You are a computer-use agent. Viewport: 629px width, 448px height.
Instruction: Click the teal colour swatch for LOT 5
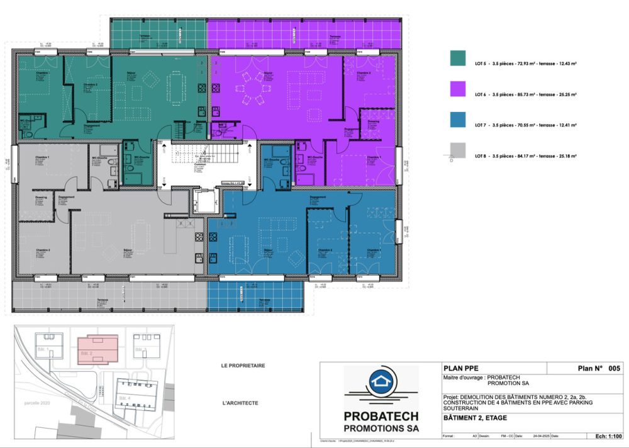click(457, 58)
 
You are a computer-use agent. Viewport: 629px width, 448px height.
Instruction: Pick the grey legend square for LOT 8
click(457, 149)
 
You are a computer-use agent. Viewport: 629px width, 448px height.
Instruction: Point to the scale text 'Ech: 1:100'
click(607, 435)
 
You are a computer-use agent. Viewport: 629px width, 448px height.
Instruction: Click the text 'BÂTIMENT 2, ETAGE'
click(469, 418)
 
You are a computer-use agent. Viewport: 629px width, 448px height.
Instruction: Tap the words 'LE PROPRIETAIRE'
click(243, 366)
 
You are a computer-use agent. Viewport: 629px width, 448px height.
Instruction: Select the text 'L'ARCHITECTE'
click(240, 403)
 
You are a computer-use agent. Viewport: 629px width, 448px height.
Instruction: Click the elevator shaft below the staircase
click(205, 201)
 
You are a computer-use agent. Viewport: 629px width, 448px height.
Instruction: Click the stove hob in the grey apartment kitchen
click(199, 237)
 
